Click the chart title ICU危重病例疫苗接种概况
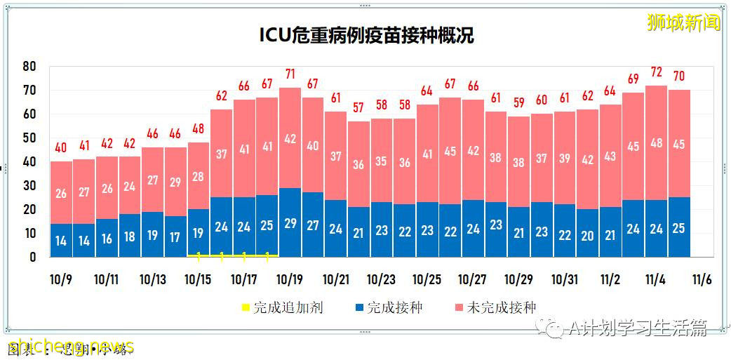pyautogui.click(x=365, y=36)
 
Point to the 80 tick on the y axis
pyautogui.click(x=29, y=66)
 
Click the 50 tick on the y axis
pyautogui.click(x=29, y=138)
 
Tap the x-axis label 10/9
pyautogui.click(x=61, y=279)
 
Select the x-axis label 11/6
pyautogui.click(x=702, y=279)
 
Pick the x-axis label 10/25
pyautogui.click(x=427, y=279)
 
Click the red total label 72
pyautogui.click(x=657, y=72)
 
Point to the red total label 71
pyautogui.click(x=290, y=74)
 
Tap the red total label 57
pyautogui.click(x=358, y=108)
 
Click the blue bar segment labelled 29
pyautogui.click(x=290, y=222)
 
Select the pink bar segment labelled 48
pyautogui.click(x=657, y=143)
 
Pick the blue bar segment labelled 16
pyautogui.click(x=107, y=238)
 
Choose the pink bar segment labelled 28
pyautogui.click(x=199, y=175)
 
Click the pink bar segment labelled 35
pyautogui.click(x=381, y=160)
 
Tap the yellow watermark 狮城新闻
pyautogui.click(x=683, y=22)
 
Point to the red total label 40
pyautogui.click(x=61, y=148)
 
